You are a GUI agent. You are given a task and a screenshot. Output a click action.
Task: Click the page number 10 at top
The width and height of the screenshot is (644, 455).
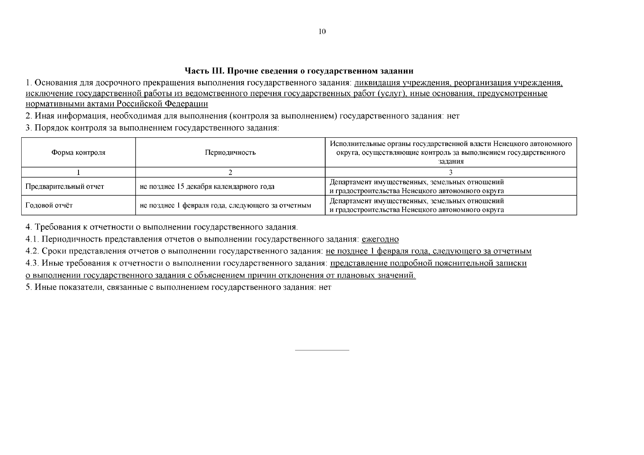(322, 31)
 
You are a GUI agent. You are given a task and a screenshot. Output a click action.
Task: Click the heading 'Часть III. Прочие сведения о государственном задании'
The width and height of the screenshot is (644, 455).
(299, 71)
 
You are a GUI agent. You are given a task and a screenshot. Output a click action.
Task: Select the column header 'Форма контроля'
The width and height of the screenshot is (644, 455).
(79, 152)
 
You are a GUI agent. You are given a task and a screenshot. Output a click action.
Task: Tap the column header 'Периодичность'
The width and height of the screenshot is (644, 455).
(230, 152)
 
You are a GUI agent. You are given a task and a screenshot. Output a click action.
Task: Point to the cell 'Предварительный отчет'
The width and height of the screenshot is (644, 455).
(64, 187)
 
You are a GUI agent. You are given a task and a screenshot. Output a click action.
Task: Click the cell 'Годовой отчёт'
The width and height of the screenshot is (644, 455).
(49, 206)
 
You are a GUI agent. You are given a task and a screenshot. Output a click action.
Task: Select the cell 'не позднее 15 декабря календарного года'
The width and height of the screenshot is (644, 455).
(207, 187)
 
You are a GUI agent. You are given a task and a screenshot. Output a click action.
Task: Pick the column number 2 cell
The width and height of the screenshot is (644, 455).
(230, 173)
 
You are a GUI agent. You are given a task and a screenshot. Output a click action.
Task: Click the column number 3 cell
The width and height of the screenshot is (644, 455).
(451, 173)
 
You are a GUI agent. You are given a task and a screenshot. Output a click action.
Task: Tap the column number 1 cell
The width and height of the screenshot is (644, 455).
(79, 173)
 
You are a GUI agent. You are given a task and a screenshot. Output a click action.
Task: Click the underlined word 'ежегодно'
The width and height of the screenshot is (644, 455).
(380, 239)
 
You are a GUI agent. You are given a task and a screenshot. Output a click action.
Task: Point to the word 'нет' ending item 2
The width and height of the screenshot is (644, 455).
(453, 116)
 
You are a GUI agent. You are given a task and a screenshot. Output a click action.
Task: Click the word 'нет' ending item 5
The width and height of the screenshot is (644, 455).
(325, 287)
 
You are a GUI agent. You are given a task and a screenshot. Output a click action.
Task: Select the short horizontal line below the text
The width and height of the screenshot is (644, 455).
(322, 350)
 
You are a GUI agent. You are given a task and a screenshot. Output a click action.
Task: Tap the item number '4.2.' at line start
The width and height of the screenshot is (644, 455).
(32, 251)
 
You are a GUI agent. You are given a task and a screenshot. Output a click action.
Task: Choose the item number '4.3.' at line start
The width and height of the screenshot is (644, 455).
(32, 263)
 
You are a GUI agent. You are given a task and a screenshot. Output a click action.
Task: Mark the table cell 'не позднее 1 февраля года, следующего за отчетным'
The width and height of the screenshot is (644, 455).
(225, 206)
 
